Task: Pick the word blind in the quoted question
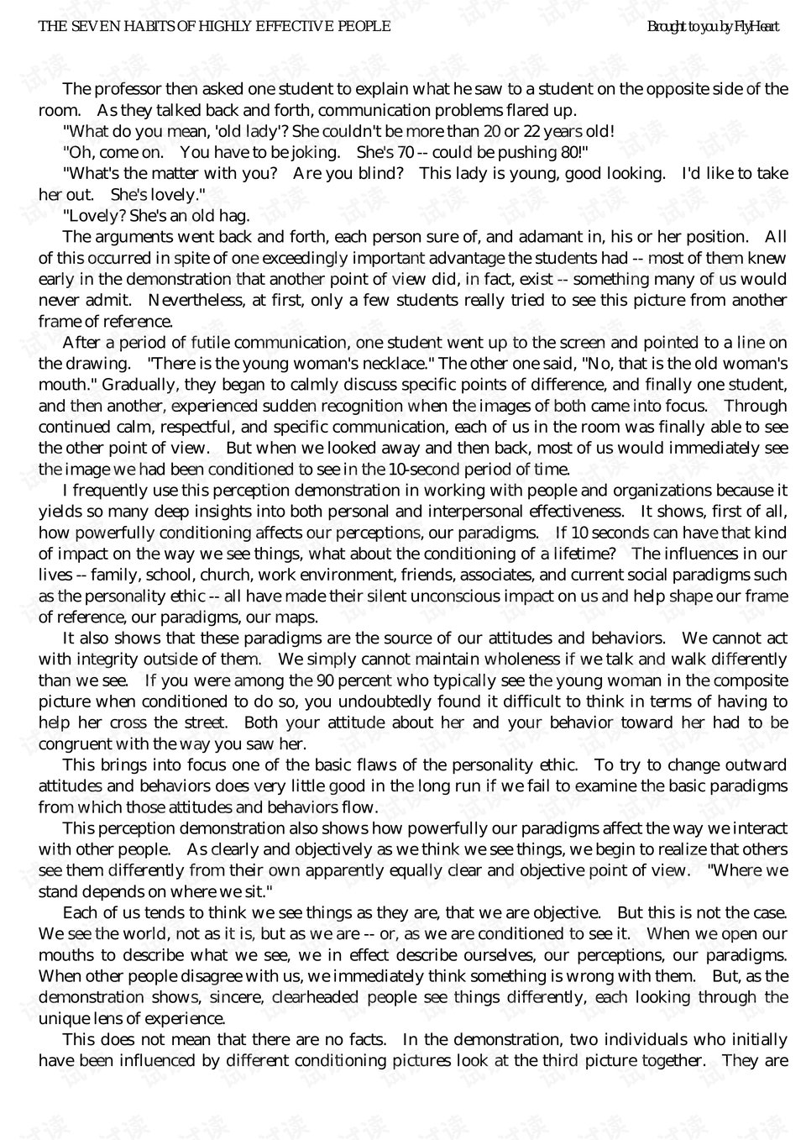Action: coord(379,174)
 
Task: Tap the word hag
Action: coord(234,216)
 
